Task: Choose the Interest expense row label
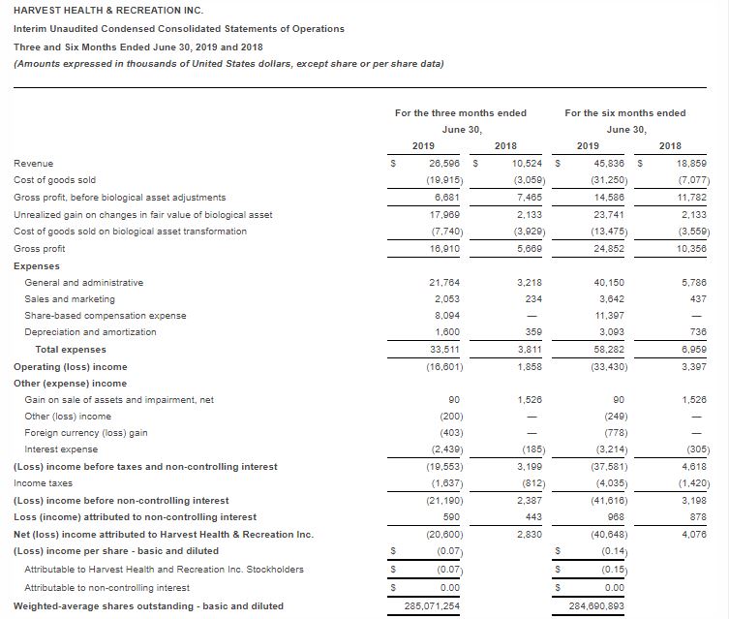pos(60,449)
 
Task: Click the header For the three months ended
pos(461,113)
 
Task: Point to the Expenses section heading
pos(37,265)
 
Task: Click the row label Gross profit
pos(40,248)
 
